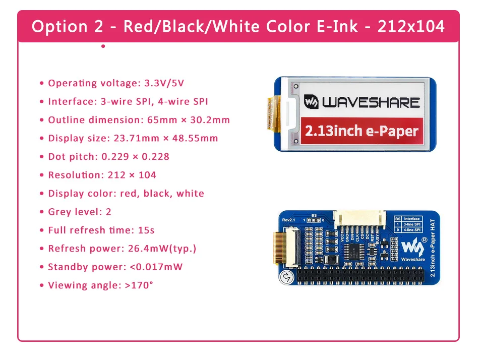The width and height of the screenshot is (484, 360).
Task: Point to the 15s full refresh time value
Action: click(146, 230)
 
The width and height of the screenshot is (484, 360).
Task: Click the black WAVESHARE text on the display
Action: click(371, 102)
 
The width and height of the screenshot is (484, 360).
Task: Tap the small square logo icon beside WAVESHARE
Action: click(311, 102)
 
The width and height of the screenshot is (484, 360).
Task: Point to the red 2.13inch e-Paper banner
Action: click(361, 131)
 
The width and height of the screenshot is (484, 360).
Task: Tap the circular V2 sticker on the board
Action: click(286, 277)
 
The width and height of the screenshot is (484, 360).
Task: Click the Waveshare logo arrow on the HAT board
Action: click(415, 246)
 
